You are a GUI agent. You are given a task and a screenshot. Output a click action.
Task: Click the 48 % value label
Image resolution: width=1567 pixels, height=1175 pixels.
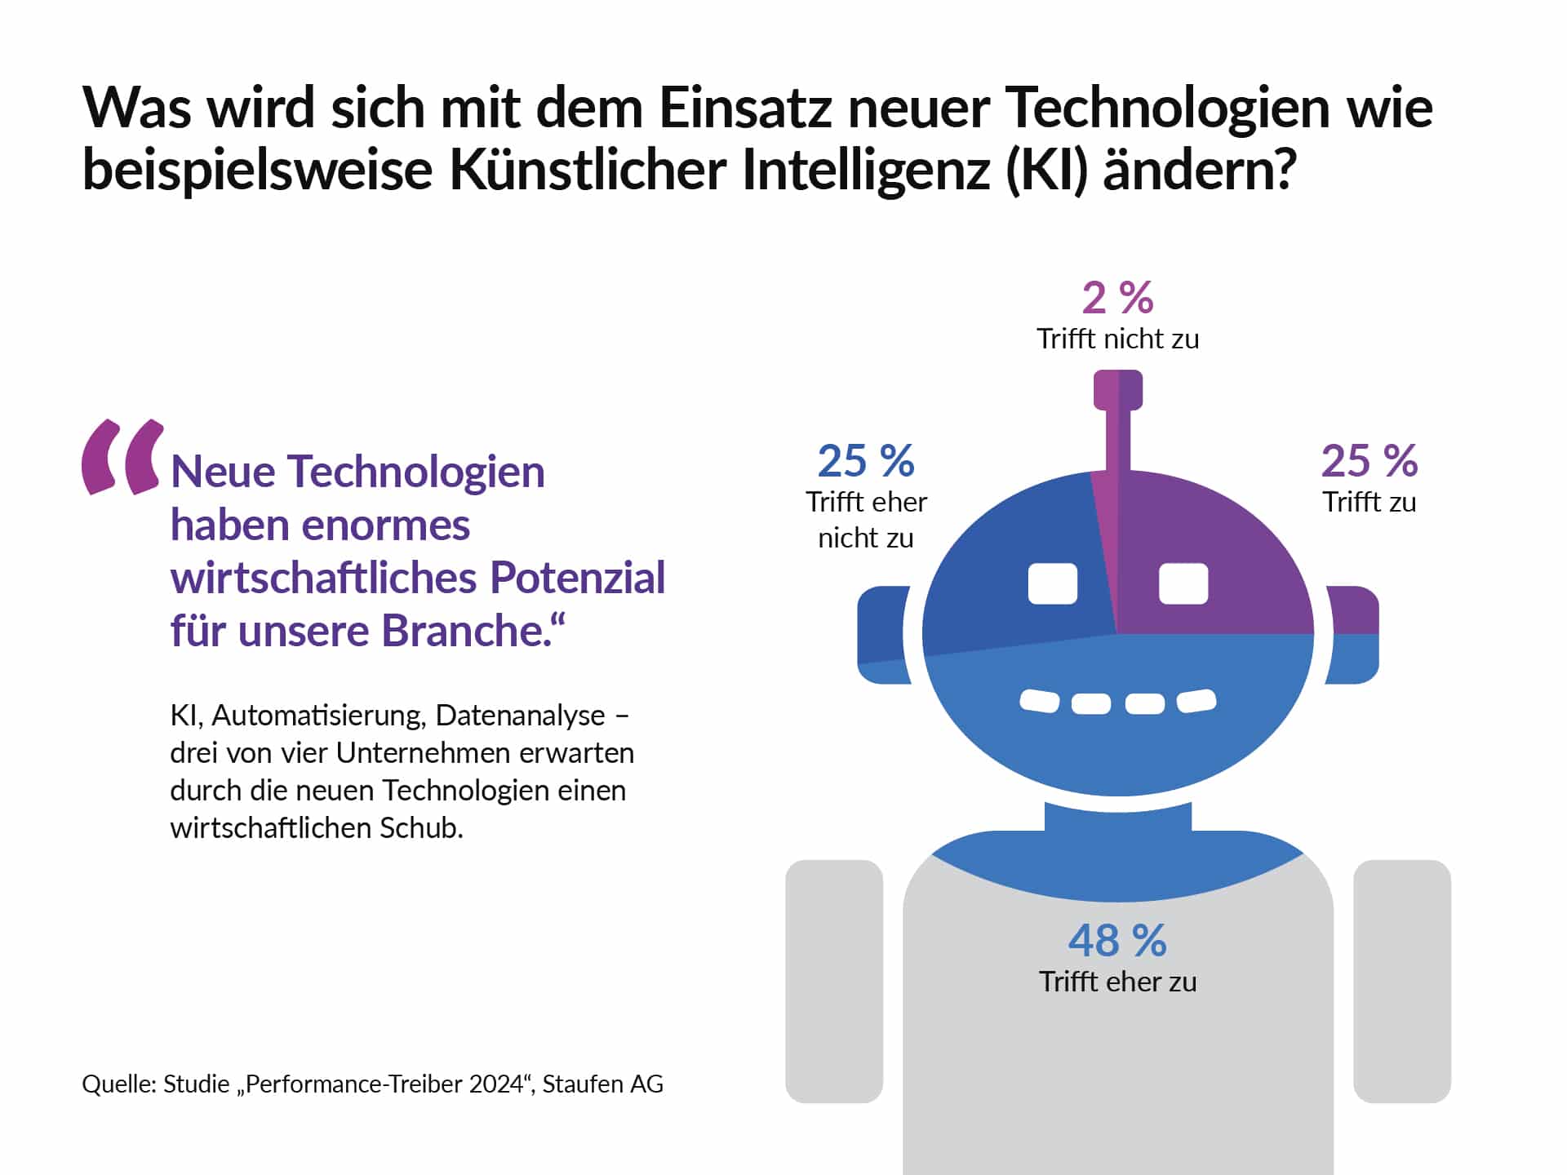(x=1117, y=941)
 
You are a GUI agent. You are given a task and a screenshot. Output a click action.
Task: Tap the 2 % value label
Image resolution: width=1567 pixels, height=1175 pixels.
(x=1117, y=298)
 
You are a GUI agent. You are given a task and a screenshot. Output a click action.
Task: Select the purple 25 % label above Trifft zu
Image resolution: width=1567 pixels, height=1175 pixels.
(x=1369, y=461)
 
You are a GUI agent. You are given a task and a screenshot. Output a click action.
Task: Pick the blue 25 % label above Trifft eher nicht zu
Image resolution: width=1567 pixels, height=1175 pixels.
(x=866, y=461)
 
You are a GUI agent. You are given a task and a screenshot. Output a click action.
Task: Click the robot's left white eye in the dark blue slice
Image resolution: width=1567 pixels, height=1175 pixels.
(x=1053, y=583)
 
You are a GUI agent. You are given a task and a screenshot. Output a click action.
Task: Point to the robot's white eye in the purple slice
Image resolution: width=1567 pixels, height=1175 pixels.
(x=1183, y=583)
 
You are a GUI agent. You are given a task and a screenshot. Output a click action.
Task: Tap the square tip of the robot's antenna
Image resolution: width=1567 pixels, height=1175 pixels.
(x=1117, y=389)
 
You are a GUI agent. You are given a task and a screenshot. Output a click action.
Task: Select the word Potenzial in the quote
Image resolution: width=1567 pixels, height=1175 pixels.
(x=577, y=578)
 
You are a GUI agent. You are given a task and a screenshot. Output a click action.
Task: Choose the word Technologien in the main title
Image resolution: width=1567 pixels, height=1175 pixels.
(x=1167, y=108)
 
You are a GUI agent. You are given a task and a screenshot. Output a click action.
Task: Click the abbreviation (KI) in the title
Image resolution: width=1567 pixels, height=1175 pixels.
(x=1046, y=170)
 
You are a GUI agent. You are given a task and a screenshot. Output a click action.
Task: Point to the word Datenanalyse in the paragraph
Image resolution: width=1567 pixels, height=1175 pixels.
(x=520, y=715)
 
